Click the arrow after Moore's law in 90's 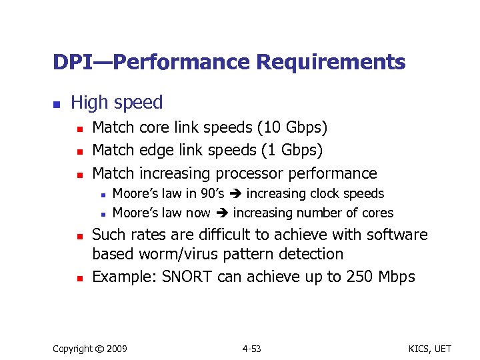tap(236, 194)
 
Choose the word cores tap(377, 213)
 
